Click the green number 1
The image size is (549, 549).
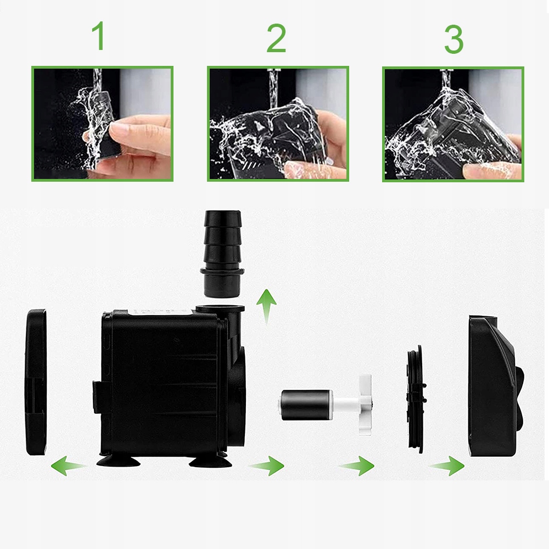coord(99,36)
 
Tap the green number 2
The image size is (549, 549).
coord(276,38)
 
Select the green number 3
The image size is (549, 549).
coord(454,39)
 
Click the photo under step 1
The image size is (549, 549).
coord(102,124)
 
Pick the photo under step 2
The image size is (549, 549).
coord(278,124)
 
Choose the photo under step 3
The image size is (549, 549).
coord(453,124)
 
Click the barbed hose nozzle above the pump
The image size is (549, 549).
coord(222,254)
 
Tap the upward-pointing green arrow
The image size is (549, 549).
coord(266,306)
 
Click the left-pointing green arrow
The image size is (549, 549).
coord(68,466)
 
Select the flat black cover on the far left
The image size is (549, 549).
coord(36,382)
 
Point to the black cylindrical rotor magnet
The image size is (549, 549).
coord(306,405)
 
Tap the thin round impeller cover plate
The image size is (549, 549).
coord(416,399)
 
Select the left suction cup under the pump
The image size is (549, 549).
coord(119,461)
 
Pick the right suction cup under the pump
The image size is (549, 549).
coord(210,461)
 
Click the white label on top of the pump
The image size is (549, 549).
coord(160,312)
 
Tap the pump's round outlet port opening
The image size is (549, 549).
coord(220,309)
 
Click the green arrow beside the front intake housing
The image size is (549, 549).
coord(447,466)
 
